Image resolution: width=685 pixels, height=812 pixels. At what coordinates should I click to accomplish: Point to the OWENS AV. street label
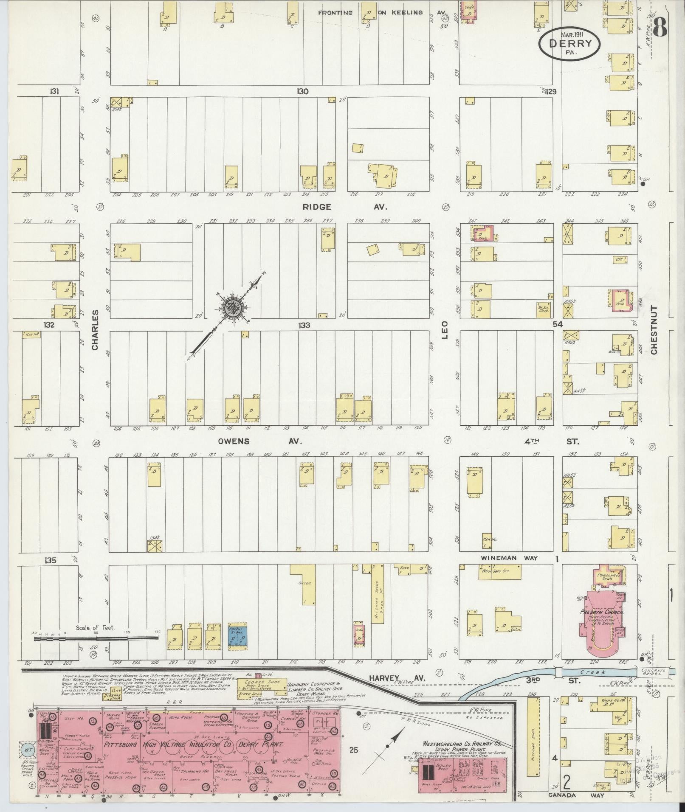(x=260, y=441)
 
